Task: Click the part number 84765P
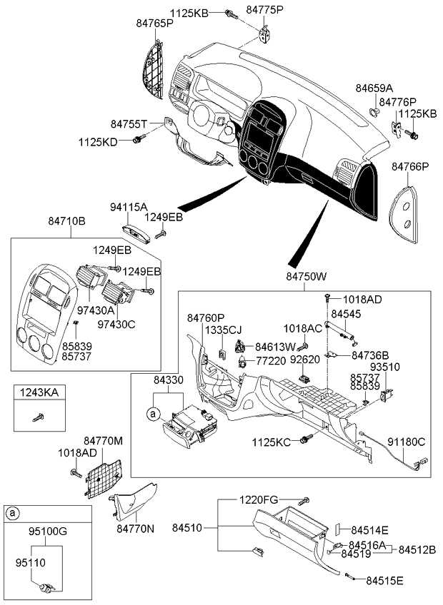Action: pos(154,23)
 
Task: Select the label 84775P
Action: pos(265,10)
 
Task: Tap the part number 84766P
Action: pos(410,167)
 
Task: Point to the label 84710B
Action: pos(67,221)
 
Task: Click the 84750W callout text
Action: pos(307,276)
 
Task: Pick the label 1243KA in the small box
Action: pos(39,392)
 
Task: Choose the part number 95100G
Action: pos(48,532)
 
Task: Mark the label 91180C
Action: pos(407,442)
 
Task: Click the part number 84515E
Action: pos(384,580)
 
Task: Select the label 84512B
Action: pos(417,549)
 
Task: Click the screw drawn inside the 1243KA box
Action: pos(38,417)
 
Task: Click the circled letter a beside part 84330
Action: pos(153,414)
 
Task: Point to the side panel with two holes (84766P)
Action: pos(404,214)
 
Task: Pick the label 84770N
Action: pos(135,528)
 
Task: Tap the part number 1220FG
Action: pos(259,500)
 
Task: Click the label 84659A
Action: pos(374,88)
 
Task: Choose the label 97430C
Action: pos(116,325)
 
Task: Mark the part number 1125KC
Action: pos(272,442)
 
